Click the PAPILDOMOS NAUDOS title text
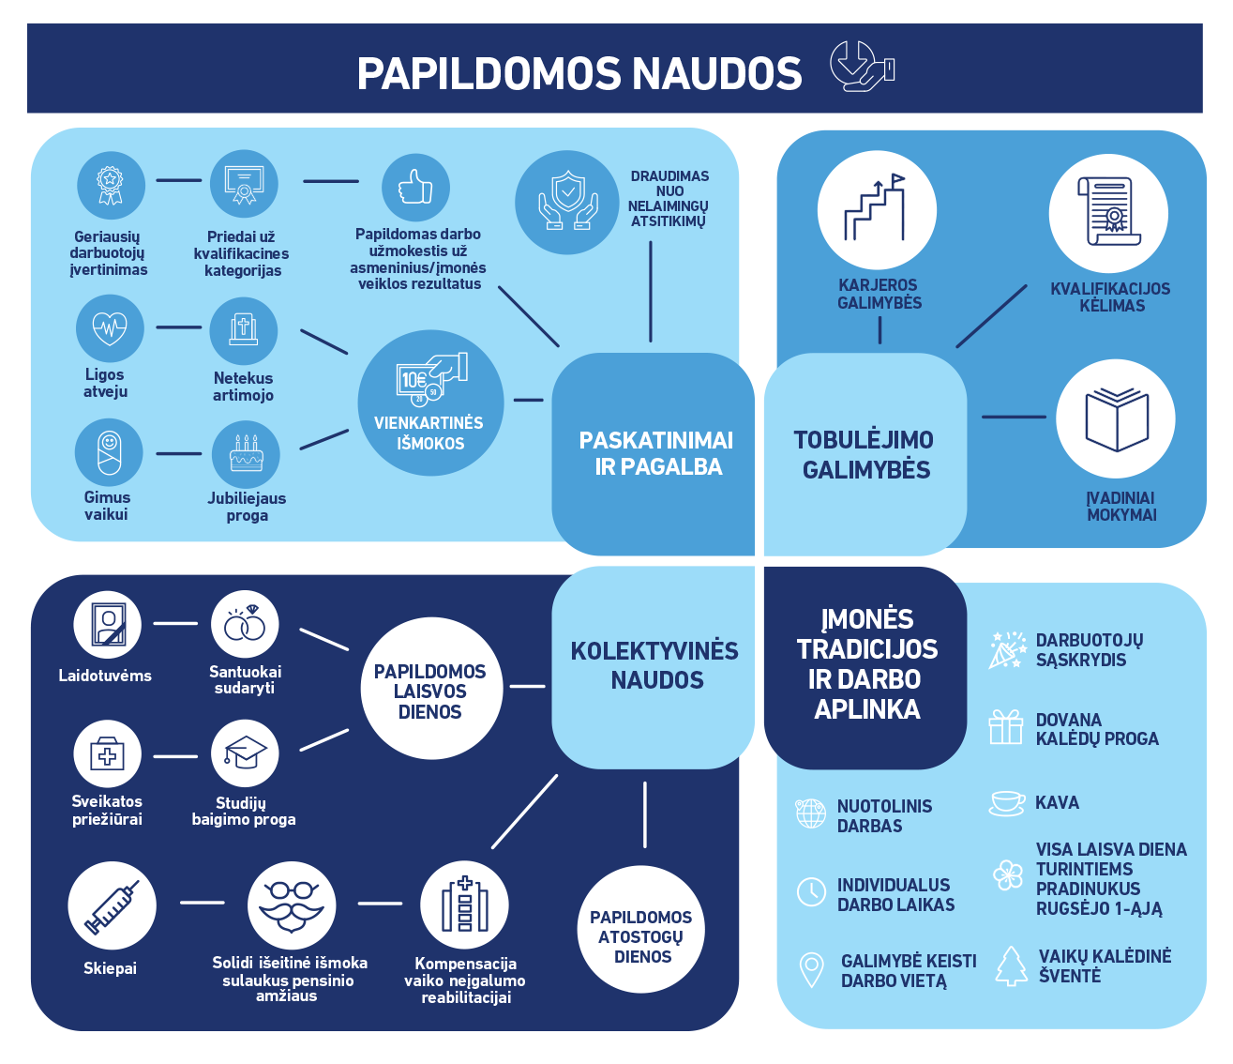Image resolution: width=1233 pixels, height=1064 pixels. click(579, 74)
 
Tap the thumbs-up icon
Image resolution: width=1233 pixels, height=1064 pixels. click(414, 188)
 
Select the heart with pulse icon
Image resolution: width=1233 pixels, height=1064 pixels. click(110, 328)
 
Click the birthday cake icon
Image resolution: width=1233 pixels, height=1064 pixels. click(246, 454)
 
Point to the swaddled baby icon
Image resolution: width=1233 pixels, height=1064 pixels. click(109, 452)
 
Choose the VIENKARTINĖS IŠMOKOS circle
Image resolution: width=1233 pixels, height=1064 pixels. click(430, 403)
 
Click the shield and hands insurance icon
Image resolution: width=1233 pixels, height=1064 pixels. click(567, 202)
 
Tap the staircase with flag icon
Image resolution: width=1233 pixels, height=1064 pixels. click(877, 210)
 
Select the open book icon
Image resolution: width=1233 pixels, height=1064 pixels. click(1116, 418)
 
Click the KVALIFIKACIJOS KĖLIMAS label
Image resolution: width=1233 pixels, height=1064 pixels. click(1110, 297)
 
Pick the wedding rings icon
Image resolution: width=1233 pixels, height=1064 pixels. click(245, 624)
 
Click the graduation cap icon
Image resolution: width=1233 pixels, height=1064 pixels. click(245, 752)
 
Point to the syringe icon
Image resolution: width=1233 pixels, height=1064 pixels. click(112, 907)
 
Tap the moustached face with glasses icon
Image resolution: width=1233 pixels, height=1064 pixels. click(291, 905)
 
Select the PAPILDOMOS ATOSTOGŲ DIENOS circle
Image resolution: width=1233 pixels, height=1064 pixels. click(642, 929)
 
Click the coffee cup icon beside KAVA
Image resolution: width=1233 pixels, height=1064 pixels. click(1007, 802)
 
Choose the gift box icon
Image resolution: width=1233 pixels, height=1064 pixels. click(1006, 727)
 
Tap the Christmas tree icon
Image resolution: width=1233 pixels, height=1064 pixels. click(1011, 966)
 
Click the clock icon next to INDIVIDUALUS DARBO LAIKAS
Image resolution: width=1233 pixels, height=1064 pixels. click(811, 891)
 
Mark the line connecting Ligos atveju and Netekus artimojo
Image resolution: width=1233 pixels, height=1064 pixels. click(178, 327)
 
